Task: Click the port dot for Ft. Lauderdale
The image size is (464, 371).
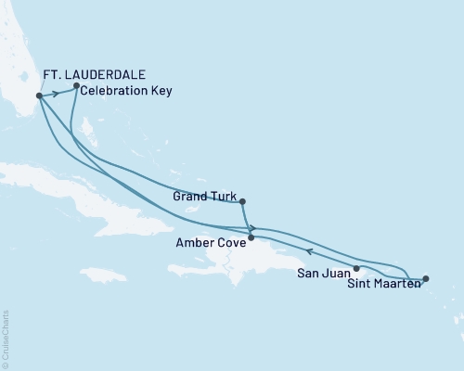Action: pos(38,96)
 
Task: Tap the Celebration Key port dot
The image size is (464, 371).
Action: pos(76,86)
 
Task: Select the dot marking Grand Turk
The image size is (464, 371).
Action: pos(241,201)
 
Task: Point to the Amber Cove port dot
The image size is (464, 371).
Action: pos(251,237)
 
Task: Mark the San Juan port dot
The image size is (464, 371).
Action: pos(356,268)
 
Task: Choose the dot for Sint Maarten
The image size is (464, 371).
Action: pos(425,278)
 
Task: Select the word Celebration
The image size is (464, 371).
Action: pos(114,91)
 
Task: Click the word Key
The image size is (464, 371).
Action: pos(160,91)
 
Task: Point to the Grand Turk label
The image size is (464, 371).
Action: pos(204,197)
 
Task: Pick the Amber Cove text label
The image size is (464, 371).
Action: pos(210,244)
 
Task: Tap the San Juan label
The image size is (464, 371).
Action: pos(323,274)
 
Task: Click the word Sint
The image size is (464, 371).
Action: pos(362,286)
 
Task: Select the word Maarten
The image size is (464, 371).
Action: pos(397,286)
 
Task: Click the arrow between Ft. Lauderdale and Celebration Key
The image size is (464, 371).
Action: pos(56,92)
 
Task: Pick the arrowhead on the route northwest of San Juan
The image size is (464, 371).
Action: pos(309,250)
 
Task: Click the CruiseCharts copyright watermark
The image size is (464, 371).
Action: pos(6,339)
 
